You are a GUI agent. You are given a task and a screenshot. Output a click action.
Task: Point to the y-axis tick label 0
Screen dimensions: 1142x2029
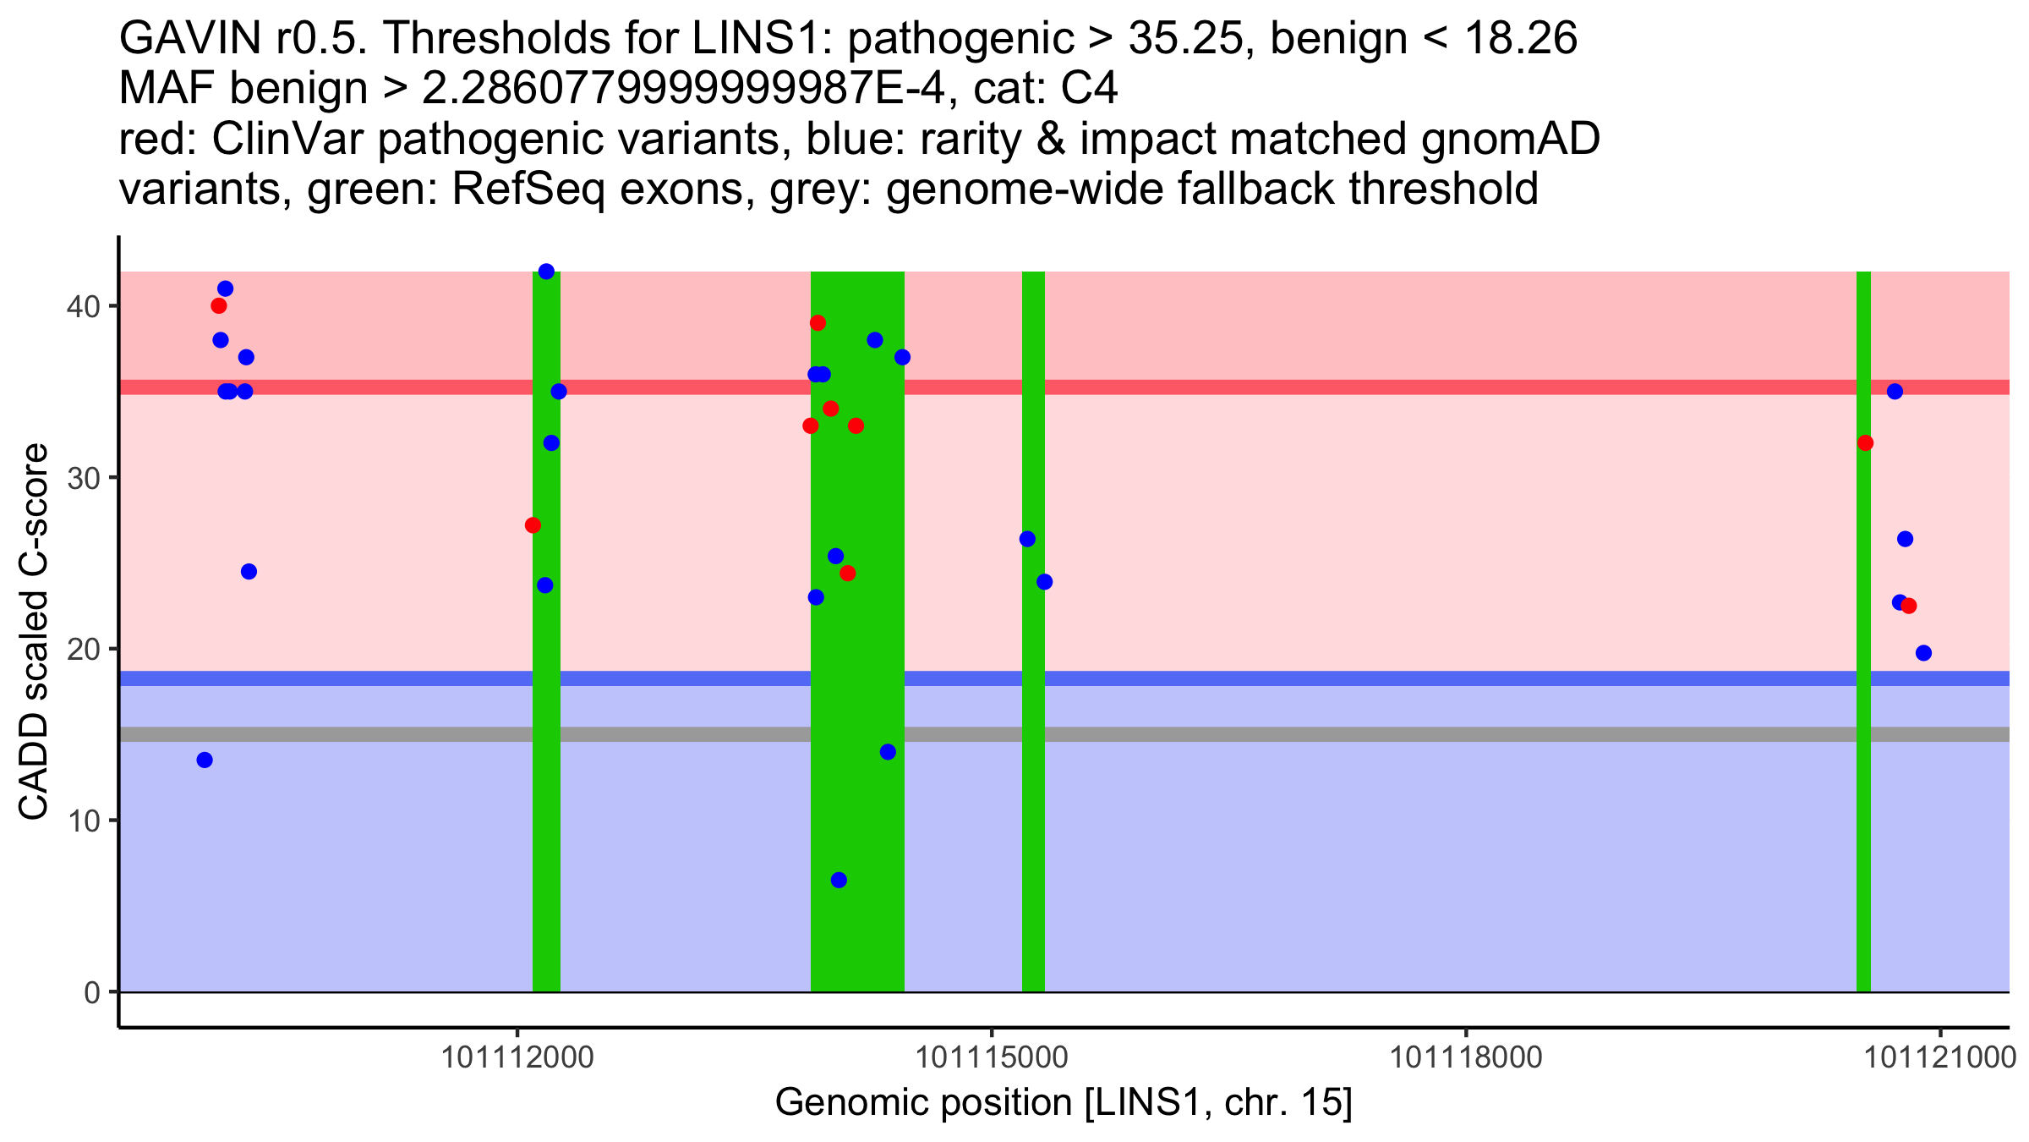click(x=91, y=992)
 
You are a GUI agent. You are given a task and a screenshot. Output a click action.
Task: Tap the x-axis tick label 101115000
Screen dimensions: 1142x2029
click(x=992, y=1057)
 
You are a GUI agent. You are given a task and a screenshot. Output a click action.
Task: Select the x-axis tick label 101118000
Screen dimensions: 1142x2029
click(x=1466, y=1057)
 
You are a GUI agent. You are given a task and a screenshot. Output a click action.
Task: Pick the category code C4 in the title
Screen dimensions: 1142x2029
click(x=1091, y=89)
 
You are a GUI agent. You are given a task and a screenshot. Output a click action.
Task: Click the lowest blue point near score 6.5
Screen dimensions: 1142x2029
click(x=839, y=880)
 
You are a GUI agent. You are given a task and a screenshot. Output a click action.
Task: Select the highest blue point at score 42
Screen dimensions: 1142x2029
click(x=546, y=272)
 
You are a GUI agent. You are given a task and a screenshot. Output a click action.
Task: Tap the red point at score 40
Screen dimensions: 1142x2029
click(x=219, y=305)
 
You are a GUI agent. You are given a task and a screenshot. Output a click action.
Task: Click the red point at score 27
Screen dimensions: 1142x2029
click(x=533, y=525)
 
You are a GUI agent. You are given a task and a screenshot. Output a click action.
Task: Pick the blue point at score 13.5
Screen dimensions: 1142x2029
click(x=205, y=760)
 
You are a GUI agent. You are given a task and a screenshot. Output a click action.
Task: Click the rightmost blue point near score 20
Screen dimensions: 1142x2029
click(x=1923, y=652)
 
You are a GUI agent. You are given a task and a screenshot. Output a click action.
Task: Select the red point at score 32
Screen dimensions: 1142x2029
click(x=1865, y=442)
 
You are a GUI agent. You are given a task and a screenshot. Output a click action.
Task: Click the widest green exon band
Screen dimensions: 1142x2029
click(x=857, y=761)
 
